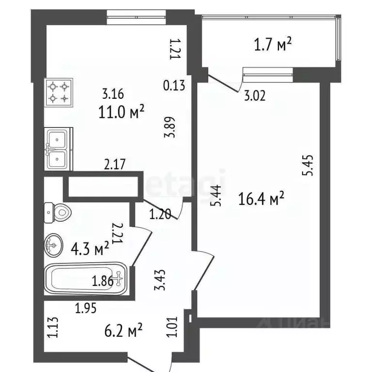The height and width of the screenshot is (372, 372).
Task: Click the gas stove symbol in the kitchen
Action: (58, 93)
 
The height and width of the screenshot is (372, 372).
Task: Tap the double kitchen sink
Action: (58, 149)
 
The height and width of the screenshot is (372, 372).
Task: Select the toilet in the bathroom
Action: (58, 212)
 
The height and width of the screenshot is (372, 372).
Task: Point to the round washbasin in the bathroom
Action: (53, 246)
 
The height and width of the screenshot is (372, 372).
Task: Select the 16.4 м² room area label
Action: (261, 198)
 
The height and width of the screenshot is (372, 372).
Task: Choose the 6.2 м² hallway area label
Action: (124, 331)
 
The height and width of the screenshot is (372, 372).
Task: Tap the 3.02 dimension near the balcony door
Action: (255, 95)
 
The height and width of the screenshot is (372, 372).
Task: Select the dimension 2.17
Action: (115, 164)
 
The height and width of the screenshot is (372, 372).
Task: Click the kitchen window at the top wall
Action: (137, 19)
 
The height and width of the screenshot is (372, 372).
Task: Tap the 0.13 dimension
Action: (174, 86)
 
